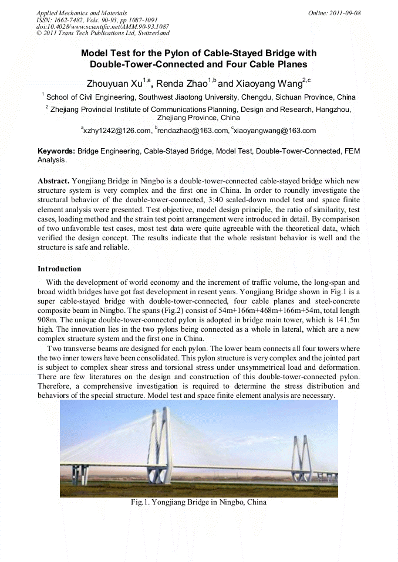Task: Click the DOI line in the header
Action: click(103, 27)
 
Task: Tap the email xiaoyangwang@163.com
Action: click(274, 131)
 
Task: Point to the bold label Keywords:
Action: click(56, 151)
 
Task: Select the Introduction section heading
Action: click(59, 269)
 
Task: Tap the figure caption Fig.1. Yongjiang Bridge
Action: click(198, 502)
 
